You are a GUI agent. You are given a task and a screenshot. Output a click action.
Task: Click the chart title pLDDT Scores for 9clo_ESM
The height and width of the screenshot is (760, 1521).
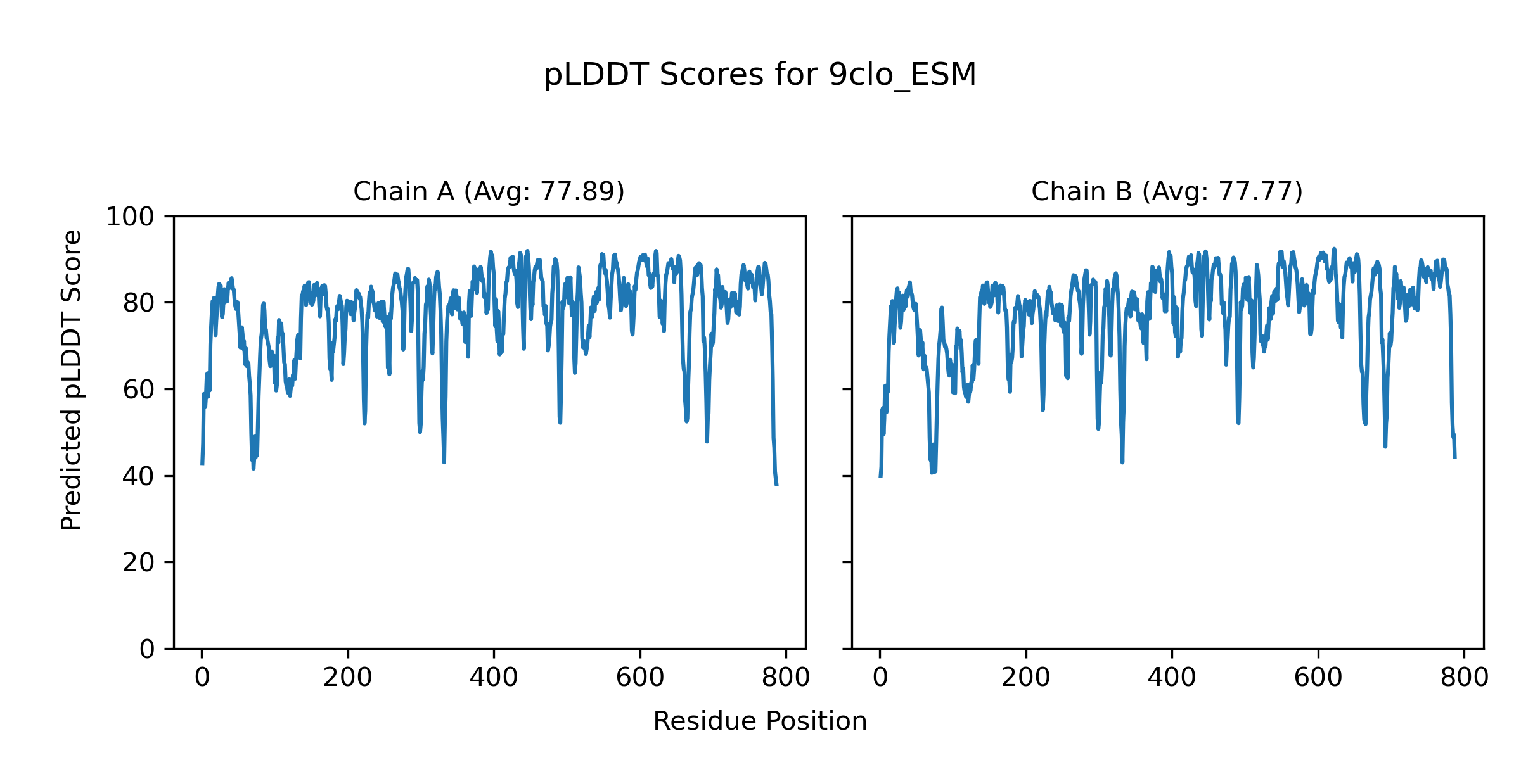click(760, 75)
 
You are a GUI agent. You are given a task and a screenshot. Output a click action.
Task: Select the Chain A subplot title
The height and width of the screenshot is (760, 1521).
click(489, 191)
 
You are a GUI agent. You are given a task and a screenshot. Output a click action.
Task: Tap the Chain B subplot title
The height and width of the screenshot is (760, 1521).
click(1167, 191)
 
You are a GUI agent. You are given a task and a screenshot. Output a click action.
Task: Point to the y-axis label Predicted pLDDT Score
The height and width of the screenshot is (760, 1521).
click(71, 380)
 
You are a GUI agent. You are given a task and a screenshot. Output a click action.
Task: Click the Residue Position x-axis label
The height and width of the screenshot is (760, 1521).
click(760, 721)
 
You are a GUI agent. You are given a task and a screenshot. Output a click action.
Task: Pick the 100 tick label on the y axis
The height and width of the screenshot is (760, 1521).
click(130, 217)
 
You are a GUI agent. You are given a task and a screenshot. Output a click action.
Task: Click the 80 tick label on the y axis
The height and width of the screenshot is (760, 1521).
click(138, 303)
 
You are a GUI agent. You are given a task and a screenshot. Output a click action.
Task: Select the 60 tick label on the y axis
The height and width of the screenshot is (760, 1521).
click(138, 390)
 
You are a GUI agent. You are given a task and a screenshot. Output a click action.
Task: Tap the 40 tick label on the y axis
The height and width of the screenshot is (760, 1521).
click(138, 476)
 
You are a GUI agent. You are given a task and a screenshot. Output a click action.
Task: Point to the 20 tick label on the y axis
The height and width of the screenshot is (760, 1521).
click(138, 563)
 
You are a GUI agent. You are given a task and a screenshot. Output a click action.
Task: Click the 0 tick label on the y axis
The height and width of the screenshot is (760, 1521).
click(147, 649)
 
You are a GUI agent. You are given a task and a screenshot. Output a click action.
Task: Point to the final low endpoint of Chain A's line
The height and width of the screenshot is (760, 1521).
click(777, 485)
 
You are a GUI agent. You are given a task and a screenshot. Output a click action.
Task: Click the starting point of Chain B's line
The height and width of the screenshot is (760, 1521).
click(880, 476)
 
